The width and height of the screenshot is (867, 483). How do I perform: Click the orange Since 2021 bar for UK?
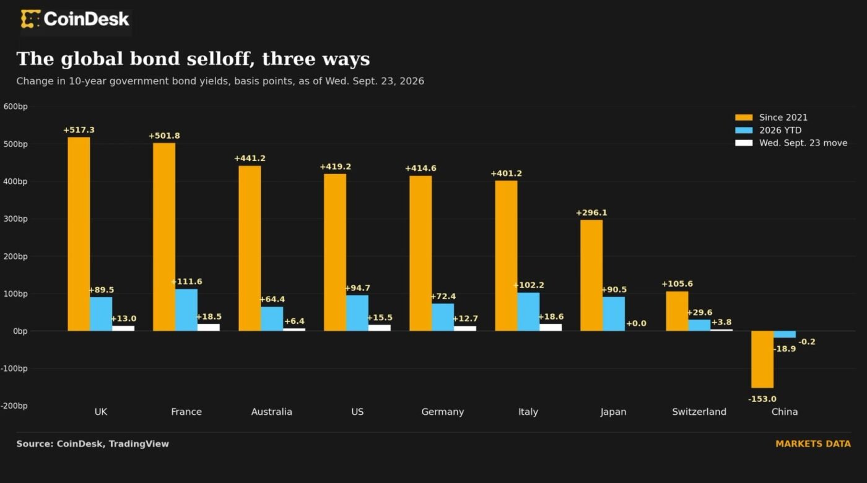79,234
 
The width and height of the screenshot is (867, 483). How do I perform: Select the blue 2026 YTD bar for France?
186,310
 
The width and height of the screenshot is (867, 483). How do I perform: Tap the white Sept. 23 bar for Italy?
551,328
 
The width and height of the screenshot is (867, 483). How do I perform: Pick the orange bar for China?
762,360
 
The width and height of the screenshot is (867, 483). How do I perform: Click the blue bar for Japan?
614,314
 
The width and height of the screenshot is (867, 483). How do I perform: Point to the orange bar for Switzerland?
677,311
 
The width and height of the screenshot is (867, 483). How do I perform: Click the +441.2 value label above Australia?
250,159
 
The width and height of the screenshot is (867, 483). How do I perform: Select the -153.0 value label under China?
762,399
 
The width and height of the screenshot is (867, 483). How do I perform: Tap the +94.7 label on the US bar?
357,288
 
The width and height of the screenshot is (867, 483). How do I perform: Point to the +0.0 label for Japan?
636,323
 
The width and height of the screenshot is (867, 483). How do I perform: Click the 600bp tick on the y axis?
15,107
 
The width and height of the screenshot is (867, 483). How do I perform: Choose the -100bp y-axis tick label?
14,368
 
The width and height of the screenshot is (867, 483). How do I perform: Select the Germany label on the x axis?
442,412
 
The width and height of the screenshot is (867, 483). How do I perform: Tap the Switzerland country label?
699,412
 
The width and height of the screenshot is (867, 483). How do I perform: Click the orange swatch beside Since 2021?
744,117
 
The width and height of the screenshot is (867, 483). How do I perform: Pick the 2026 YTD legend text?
780,130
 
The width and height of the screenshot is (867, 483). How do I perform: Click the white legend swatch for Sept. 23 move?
744,143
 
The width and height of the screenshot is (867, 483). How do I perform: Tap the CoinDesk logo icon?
30,19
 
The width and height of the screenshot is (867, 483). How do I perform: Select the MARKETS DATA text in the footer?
813,444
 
